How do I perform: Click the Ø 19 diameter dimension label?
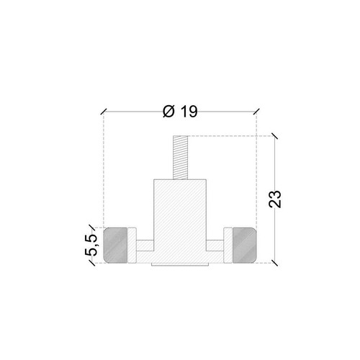(180, 112)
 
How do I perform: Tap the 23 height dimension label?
(275, 199)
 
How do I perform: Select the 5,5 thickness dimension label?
(91, 245)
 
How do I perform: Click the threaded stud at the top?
(180, 158)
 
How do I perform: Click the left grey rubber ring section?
(115, 245)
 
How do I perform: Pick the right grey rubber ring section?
(245, 245)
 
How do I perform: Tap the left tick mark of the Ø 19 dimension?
(104, 112)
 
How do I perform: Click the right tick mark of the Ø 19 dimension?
(256, 112)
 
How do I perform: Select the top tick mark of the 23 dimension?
(275, 135)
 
